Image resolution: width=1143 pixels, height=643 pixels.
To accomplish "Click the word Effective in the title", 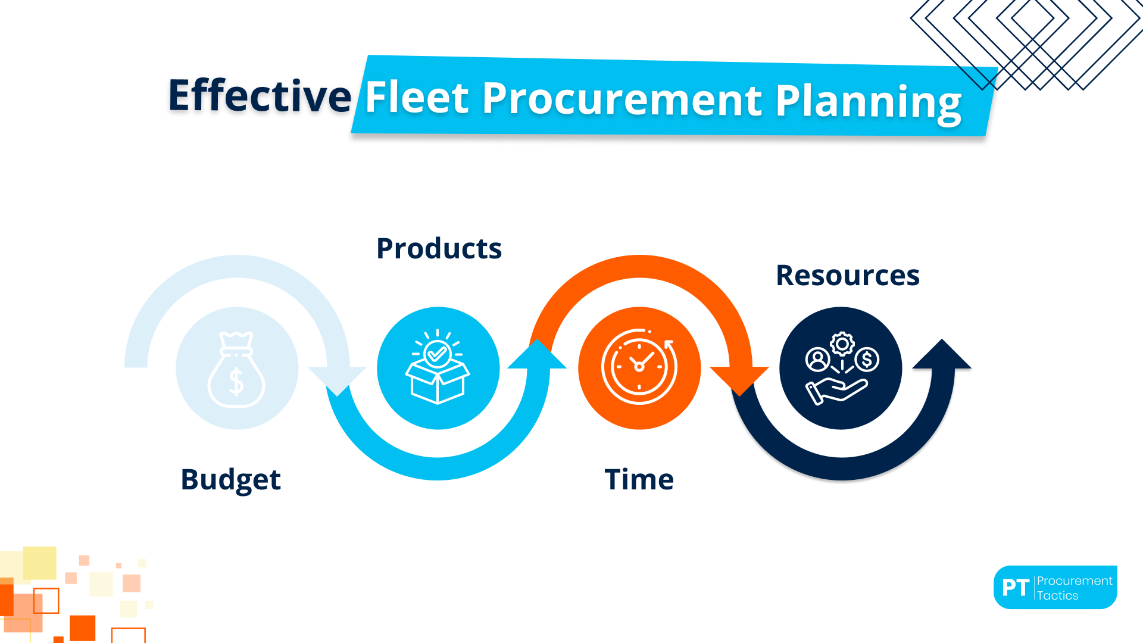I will (260, 96).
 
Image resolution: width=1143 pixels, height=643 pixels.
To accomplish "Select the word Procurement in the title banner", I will (622, 99).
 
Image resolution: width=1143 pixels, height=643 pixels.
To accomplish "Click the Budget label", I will (230, 480).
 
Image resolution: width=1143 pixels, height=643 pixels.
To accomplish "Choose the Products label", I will (439, 249).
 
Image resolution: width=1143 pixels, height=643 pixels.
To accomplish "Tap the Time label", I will (639, 480).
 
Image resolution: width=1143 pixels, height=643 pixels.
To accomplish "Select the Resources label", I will (848, 276).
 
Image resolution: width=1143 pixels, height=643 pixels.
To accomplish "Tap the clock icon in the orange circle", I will (639, 367).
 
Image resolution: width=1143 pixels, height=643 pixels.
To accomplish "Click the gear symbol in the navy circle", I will (842, 344).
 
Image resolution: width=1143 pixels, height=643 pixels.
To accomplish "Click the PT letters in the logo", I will (1015, 588).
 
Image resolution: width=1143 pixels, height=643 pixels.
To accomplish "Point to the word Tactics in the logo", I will (1057, 595).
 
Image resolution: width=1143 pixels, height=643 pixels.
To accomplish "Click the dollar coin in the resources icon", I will (867, 360).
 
